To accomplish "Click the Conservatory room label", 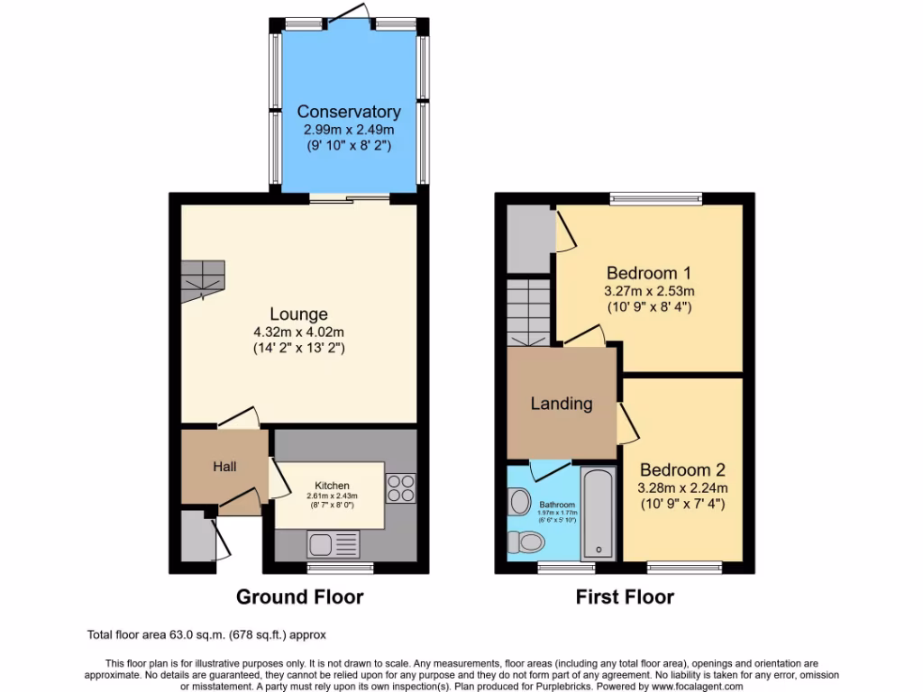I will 349,112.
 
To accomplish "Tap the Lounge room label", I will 298,314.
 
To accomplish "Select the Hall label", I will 224,466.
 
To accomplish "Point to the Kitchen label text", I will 332,485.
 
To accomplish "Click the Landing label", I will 561,403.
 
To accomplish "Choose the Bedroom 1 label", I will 649,272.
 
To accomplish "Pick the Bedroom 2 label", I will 682,469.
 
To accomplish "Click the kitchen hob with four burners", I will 400,487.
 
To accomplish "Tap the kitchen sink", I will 333,543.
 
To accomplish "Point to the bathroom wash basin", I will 519,500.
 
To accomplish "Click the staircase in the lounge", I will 203,280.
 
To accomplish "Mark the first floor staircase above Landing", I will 528,312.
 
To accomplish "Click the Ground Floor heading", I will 299,596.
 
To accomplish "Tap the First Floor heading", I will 625,596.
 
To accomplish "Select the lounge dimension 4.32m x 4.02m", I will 298,332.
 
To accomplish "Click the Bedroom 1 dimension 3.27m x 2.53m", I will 649,290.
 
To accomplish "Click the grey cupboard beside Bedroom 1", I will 528,239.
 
